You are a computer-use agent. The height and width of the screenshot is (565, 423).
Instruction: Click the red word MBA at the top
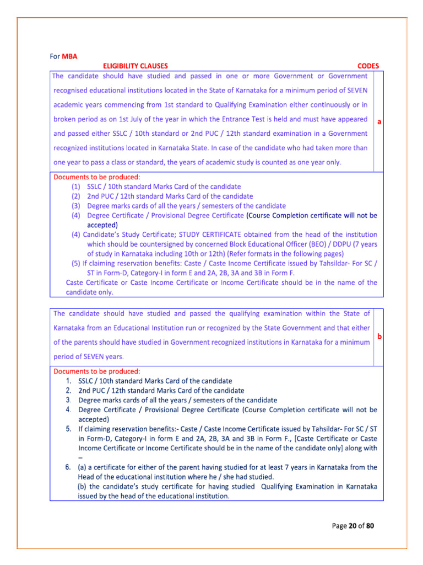[x=70, y=56]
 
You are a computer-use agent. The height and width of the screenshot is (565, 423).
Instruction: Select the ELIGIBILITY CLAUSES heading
[x=135, y=66]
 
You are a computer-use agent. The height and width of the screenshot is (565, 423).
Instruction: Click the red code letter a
[x=379, y=123]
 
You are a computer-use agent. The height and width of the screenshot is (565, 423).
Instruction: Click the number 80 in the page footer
[x=370, y=526]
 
